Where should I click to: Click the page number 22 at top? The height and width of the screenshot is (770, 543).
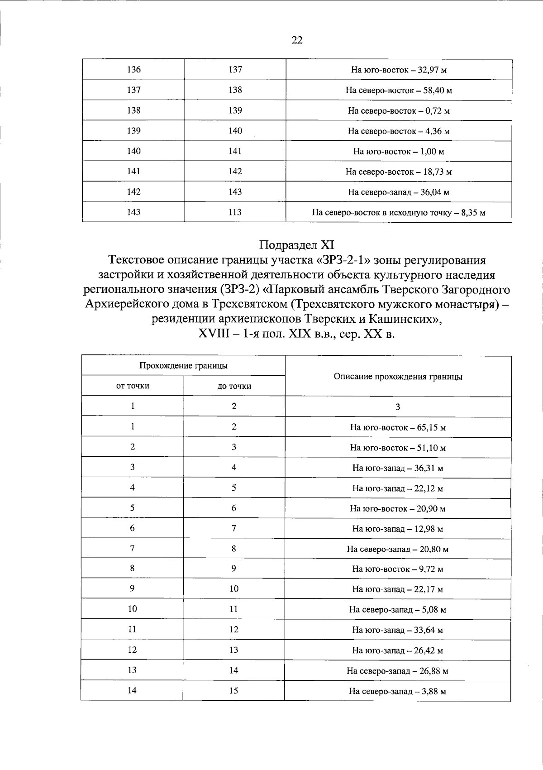coord(297,40)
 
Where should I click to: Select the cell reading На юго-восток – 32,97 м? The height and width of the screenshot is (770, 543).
coord(399,70)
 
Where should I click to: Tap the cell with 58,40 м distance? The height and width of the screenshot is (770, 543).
coord(399,91)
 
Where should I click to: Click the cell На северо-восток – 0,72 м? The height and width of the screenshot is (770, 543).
coord(399,111)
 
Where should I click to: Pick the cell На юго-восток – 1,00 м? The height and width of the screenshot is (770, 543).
coord(399,152)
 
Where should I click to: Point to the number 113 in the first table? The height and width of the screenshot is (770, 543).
coord(235,212)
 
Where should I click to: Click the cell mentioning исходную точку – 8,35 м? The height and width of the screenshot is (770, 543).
coord(399,212)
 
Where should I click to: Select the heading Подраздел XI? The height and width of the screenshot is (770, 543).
coord(297,245)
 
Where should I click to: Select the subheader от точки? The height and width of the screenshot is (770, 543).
coord(133,386)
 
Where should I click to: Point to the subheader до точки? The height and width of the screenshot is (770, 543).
coord(234,386)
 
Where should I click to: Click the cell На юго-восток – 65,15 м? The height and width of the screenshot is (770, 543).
coord(398,427)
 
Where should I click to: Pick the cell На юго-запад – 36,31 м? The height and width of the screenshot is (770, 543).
coord(398,468)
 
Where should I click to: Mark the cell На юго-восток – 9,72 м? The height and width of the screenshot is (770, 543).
coord(398,569)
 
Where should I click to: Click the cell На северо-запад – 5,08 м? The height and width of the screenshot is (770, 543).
coord(398,610)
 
